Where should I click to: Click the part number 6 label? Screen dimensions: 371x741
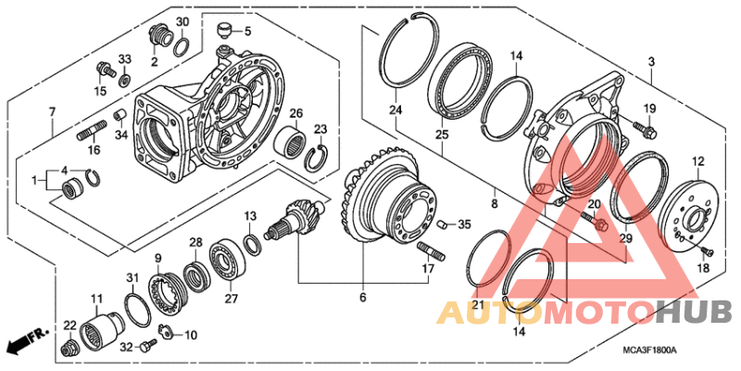(363, 297)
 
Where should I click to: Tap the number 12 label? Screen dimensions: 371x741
(697, 160)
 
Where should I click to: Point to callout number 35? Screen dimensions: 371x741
(465, 224)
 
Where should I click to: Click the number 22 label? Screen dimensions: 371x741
(70, 325)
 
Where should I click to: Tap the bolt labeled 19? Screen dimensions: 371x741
(640, 125)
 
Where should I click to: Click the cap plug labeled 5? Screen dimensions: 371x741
(223, 33)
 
